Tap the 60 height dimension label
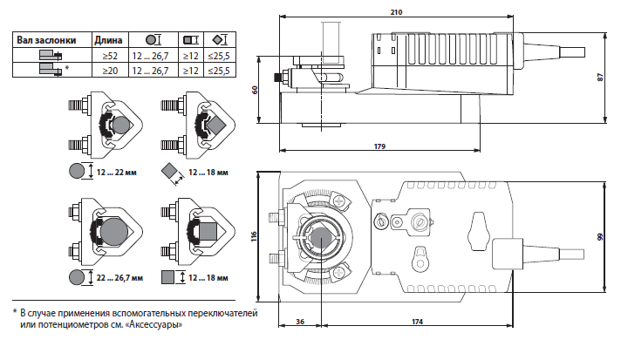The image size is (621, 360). coord(256,90)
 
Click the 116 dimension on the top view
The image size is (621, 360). coord(254,236)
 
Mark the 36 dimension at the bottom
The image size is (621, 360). coord(300,322)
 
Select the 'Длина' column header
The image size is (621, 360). coord(107,40)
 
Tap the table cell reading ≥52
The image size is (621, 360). coord(109,55)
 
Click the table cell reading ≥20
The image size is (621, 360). coord(109,70)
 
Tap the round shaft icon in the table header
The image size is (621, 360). coord(152,40)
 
